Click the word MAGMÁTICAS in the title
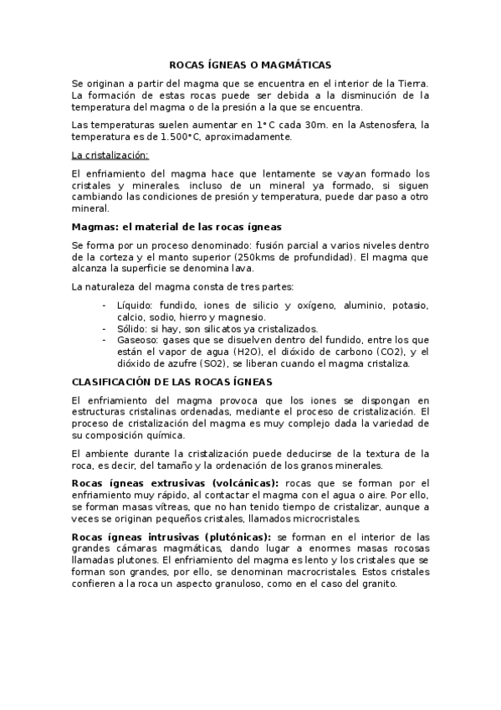(x=295, y=64)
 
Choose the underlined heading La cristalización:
(x=110, y=155)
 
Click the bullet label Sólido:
(x=134, y=329)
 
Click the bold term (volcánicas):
(x=237, y=484)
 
